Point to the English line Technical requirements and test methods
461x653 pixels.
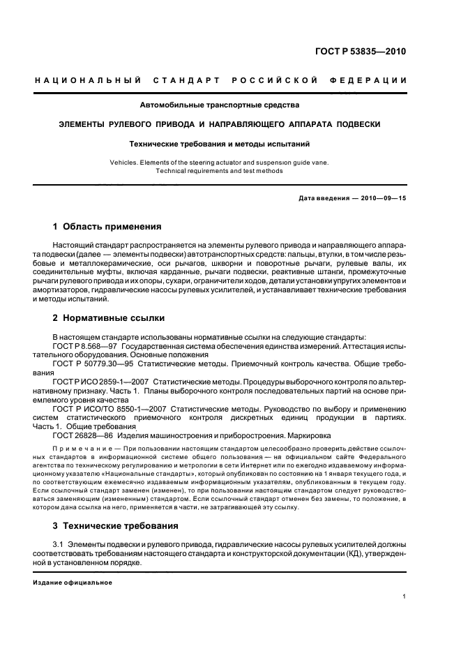click(220, 170)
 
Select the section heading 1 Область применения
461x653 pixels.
click(107, 227)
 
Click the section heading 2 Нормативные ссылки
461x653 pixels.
click(109, 318)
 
